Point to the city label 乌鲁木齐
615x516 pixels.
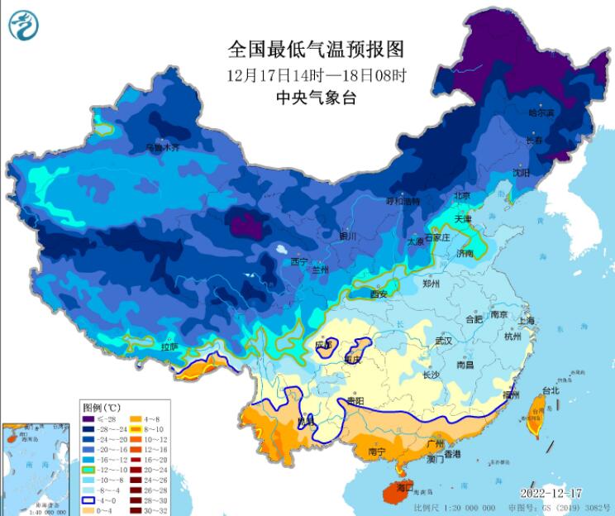(x=162, y=148)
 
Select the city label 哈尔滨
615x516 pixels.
(x=542, y=112)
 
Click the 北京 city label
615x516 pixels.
(x=460, y=196)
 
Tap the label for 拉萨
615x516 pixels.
(x=169, y=346)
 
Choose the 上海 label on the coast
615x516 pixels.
(x=527, y=320)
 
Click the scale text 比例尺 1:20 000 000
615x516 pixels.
(x=454, y=507)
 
